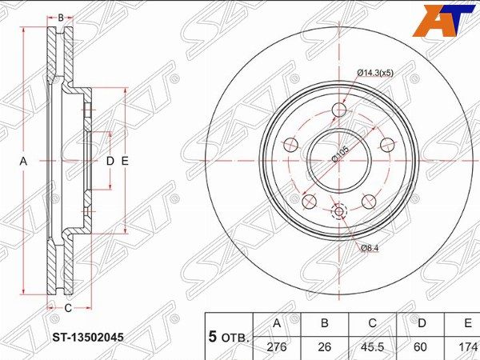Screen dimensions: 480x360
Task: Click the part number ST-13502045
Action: (88, 338)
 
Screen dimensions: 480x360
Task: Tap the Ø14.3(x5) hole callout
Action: (375, 73)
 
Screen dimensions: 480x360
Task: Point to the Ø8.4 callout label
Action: (370, 248)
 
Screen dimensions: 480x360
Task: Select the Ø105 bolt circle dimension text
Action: (340, 154)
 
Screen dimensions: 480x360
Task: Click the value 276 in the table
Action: (277, 347)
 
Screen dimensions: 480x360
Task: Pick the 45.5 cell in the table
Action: (372, 347)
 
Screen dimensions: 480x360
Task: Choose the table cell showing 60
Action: (420, 347)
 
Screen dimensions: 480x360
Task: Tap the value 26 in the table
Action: (325, 347)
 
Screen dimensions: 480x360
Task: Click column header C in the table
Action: (372, 323)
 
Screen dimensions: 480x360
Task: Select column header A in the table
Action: (277, 323)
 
